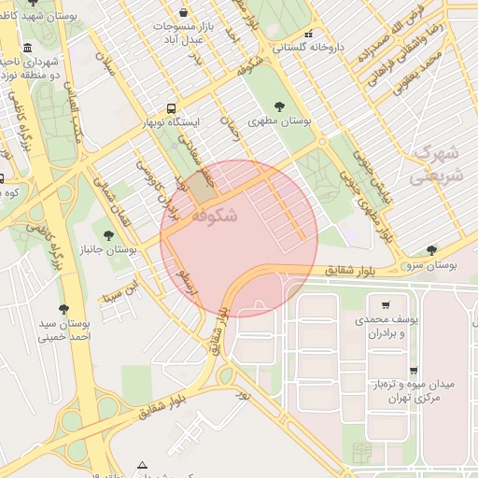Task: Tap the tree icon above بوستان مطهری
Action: pyautogui.click(x=279, y=106)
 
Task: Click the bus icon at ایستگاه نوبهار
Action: pyautogui.click(x=171, y=108)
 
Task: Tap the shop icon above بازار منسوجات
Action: pyautogui.click(x=181, y=13)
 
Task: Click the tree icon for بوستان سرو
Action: pyautogui.click(x=430, y=250)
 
